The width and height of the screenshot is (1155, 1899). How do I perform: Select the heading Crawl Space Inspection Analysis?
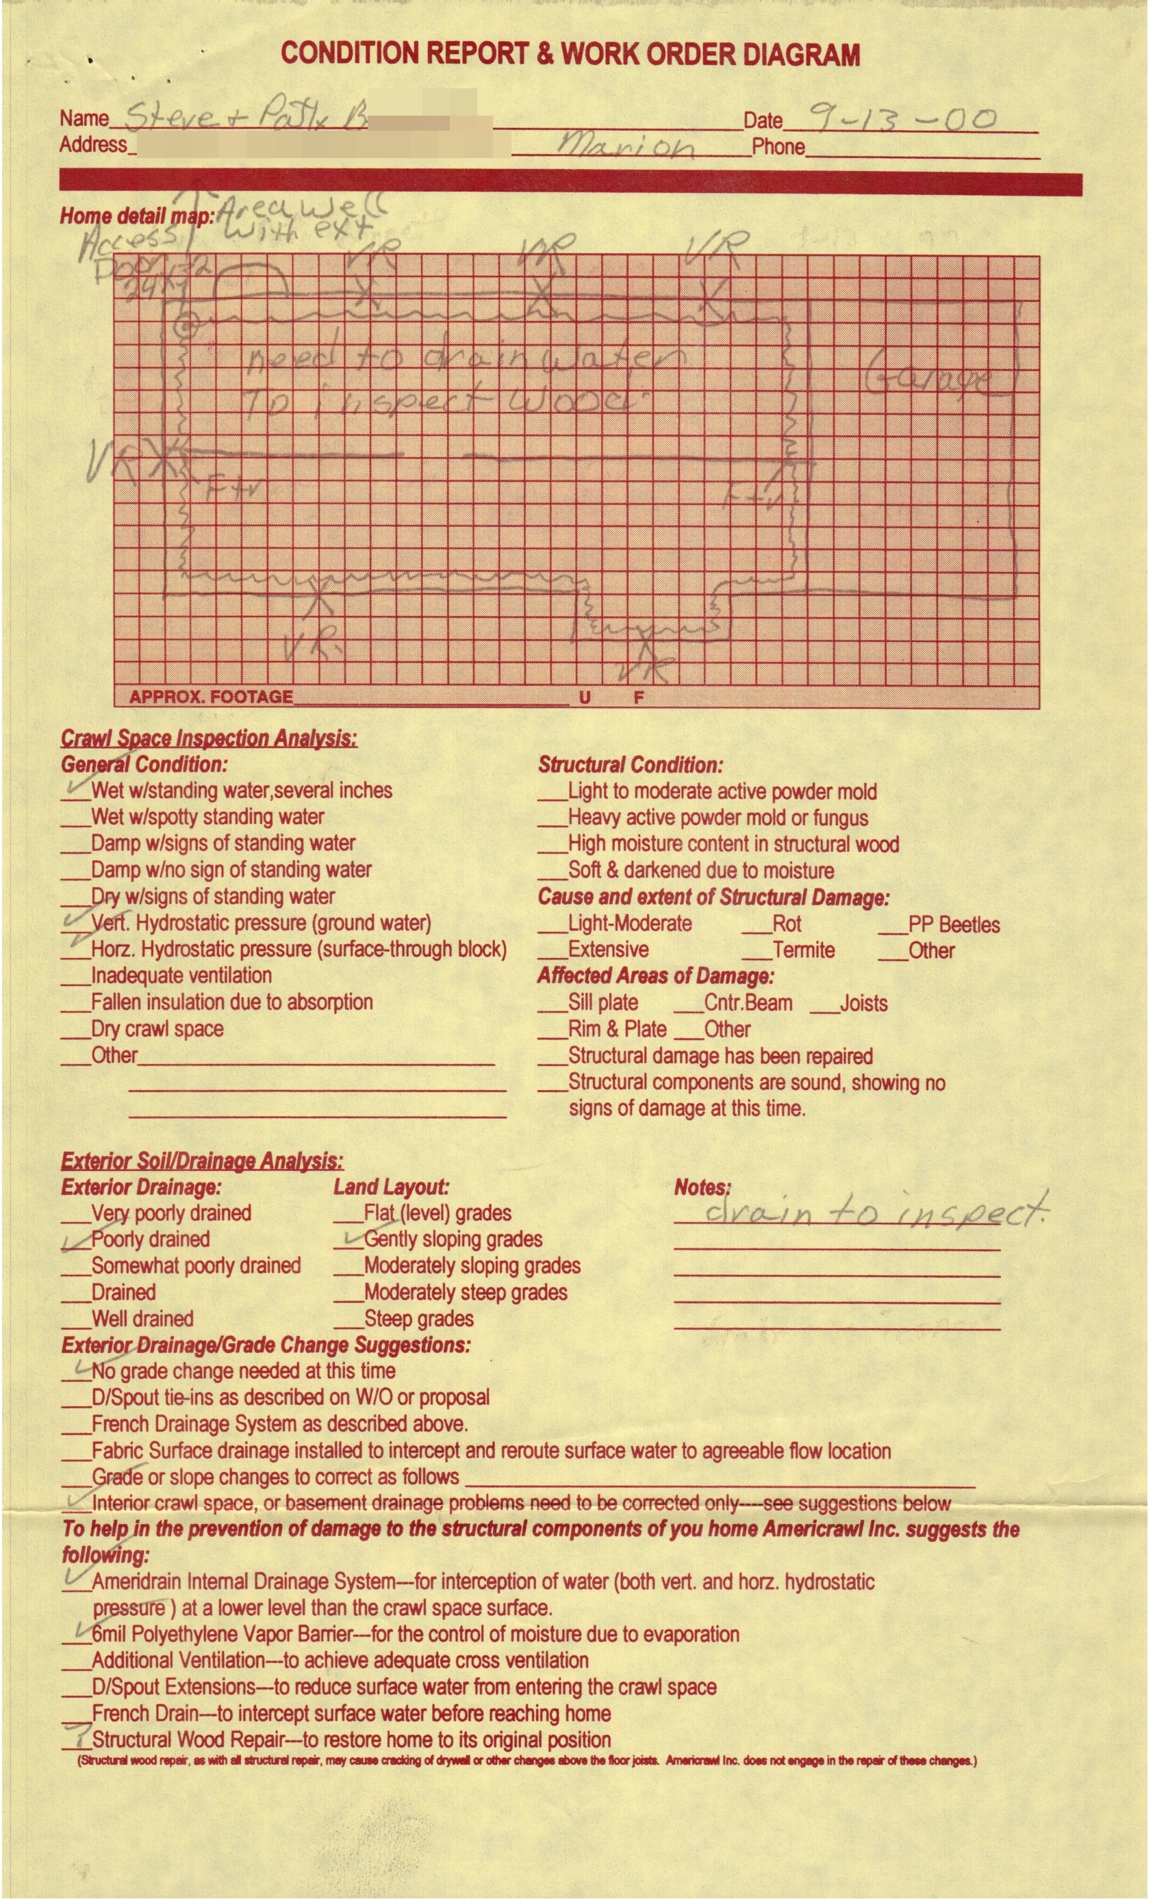209,738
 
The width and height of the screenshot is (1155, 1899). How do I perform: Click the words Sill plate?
602,1003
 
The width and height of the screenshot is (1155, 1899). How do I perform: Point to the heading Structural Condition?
630,765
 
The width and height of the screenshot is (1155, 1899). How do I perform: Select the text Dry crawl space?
157,1029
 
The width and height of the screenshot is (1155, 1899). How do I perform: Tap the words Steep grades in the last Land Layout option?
419,1319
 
